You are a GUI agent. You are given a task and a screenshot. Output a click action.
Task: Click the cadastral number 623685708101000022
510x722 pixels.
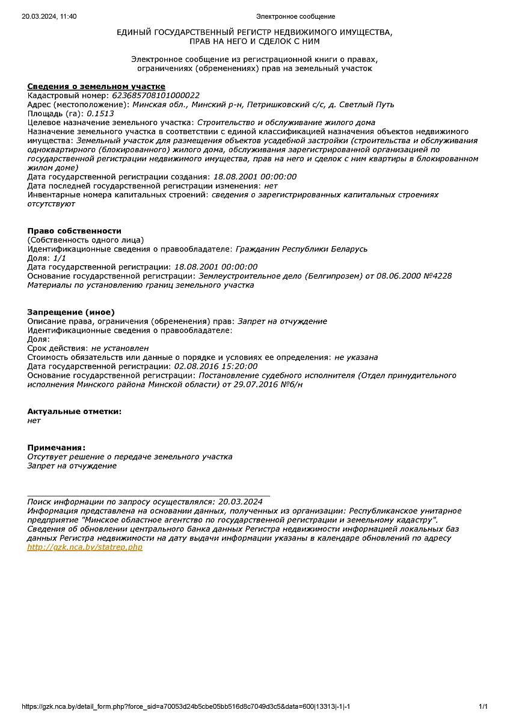point(156,95)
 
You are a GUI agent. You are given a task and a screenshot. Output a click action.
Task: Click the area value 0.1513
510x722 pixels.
point(100,113)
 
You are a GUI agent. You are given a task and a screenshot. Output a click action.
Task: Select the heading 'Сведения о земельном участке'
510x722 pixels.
point(96,87)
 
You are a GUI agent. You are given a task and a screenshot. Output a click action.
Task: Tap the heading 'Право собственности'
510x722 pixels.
point(74,230)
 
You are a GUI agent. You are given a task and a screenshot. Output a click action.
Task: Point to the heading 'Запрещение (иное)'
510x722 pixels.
point(70,312)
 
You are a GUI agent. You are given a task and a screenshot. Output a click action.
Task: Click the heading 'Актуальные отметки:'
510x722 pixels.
point(74,411)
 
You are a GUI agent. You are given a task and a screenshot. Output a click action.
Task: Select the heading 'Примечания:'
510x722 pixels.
point(57,447)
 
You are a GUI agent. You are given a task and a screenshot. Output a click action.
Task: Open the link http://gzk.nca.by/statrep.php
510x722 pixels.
point(85,547)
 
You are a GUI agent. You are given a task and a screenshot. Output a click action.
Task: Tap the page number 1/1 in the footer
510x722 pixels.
point(483,706)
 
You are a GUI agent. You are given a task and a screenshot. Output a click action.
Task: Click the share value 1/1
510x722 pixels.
point(60,258)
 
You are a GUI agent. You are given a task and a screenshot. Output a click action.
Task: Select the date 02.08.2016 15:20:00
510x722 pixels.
point(215,366)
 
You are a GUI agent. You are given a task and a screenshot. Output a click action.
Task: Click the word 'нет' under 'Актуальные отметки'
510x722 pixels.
point(34,421)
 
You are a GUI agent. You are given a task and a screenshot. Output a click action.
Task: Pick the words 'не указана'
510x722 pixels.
point(356,357)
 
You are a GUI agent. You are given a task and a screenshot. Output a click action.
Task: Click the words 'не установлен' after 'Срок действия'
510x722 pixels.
point(120,348)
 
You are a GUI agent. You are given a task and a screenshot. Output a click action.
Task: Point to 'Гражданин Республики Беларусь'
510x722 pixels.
point(301,248)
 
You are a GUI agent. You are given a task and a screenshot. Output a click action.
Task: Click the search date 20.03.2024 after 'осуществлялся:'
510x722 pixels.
point(240,501)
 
